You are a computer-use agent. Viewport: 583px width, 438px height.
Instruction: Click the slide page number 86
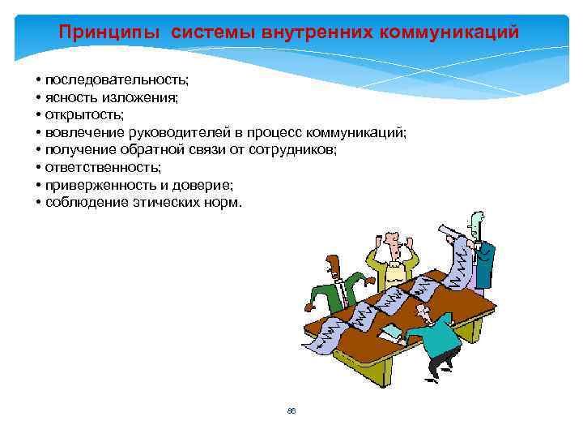pyautogui.click(x=291, y=411)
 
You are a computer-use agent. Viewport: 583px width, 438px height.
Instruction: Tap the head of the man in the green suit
pyautogui.click(x=333, y=264)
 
